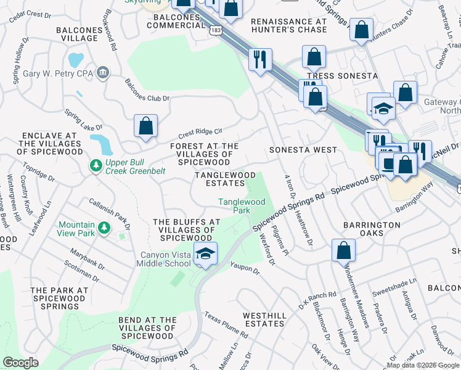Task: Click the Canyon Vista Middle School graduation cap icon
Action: coord(205,253)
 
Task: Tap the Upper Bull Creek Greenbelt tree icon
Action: coord(96,166)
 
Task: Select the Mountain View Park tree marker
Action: coord(104,229)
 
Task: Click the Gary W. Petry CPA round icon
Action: coord(103,73)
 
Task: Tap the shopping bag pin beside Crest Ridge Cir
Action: coord(146,126)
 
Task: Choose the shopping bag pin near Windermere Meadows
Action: coord(343,250)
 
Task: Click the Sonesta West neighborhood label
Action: coord(303,150)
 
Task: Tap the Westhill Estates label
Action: coord(264,319)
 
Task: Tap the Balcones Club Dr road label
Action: coord(147,90)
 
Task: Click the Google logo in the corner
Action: coord(20,363)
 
